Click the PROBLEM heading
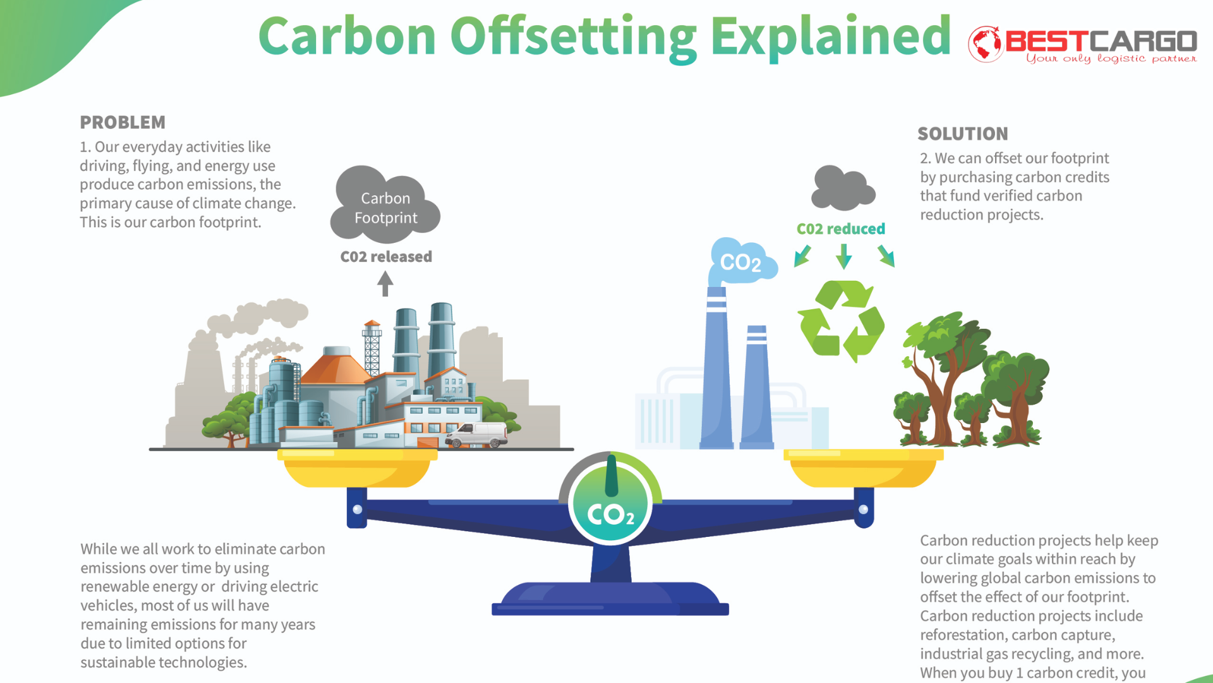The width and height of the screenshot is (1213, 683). [123, 122]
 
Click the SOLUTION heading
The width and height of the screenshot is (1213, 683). [963, 133]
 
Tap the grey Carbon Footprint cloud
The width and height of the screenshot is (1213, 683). [385, 204]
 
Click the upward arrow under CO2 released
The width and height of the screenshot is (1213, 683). [385, 283]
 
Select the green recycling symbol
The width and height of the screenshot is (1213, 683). [841, 321]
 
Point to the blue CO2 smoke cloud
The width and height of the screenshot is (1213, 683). [741, 261]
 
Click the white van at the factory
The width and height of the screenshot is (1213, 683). [477, 435]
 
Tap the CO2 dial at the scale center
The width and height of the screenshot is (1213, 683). [610, 500]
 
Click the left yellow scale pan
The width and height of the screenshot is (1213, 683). [358, 468]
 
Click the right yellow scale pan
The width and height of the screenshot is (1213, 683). [863, 468]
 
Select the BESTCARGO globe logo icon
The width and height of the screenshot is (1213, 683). [986, 44]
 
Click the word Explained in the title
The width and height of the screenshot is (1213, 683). [830, 37]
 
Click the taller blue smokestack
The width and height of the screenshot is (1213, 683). [716, 368]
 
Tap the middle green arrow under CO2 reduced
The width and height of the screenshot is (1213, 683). [843, 256]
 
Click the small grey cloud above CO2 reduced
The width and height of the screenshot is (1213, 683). [843, 188]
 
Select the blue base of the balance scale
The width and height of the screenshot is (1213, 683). [610, 598]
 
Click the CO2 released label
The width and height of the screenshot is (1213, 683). [386, 257]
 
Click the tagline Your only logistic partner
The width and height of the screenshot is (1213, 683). [1111, 59]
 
